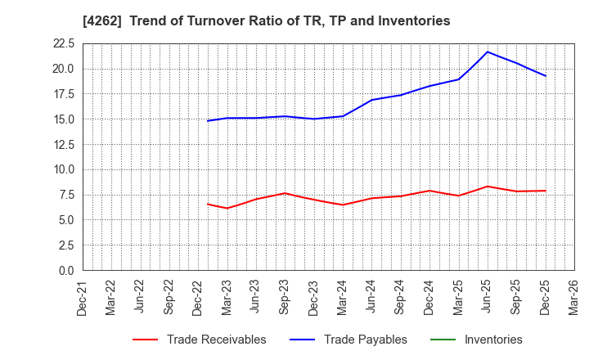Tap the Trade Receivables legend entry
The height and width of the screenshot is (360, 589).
coord(216,340)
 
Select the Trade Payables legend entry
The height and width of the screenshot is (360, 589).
coord(365,340)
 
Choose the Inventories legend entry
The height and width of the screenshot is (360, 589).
coord(492,340)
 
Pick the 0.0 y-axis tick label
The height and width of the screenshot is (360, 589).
coord(67,271)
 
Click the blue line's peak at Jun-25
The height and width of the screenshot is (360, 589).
coord(488,52)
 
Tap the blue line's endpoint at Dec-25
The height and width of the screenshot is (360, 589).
coord(546,76)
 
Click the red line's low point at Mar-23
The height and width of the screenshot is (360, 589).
coord(227,209)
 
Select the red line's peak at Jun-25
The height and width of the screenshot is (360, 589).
coord(488,187)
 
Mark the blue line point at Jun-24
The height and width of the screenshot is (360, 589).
coord(371,100)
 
